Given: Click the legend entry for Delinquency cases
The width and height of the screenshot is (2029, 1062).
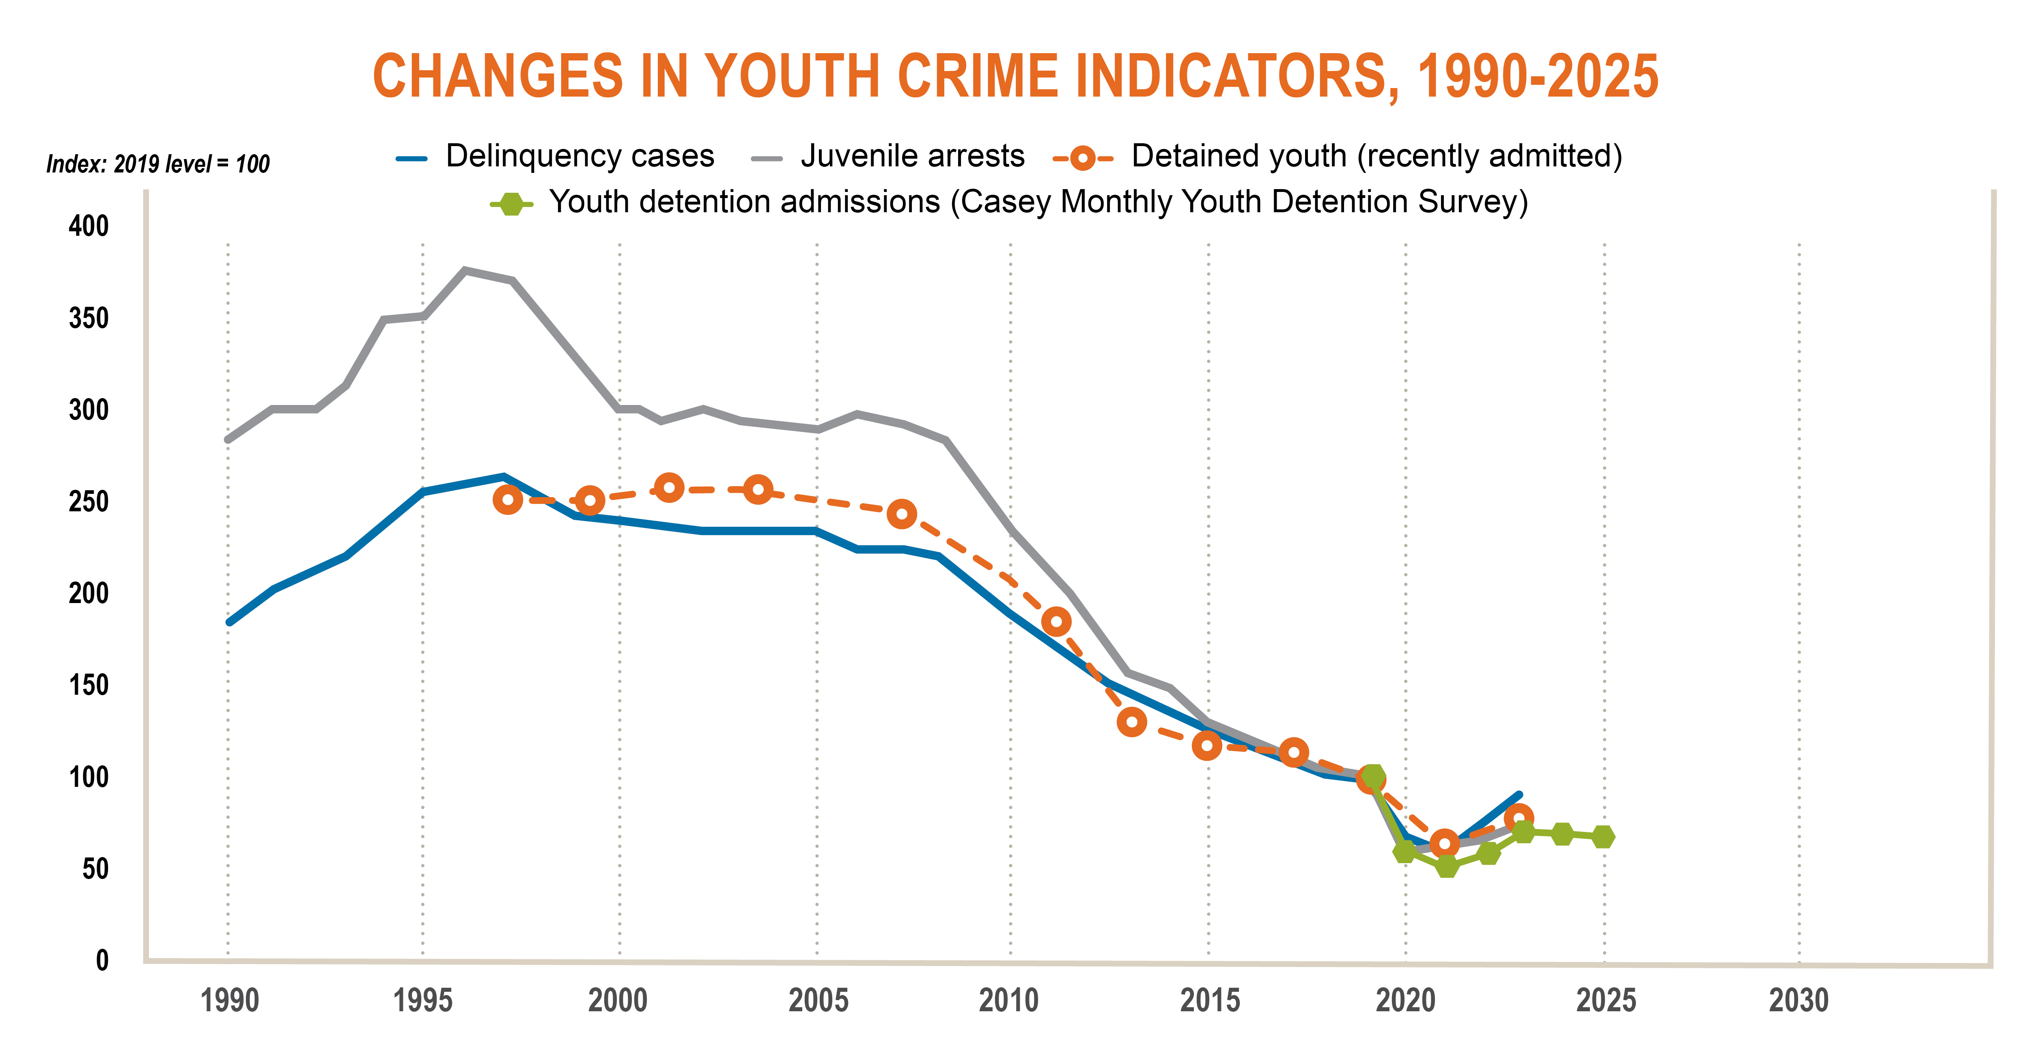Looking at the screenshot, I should coord(580,156).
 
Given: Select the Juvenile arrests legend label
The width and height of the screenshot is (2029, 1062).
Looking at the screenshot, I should coord(912,156).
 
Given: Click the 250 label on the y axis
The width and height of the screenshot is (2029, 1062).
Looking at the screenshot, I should coord(88,501).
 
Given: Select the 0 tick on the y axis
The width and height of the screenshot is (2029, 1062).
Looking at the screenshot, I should coord(101,961).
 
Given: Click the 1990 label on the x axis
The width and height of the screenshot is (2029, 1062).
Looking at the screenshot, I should coord(229,1001).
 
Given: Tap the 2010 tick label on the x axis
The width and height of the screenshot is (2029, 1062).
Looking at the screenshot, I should coord(1009,1001).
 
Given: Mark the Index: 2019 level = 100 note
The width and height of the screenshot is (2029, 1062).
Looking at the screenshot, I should coord(157,164).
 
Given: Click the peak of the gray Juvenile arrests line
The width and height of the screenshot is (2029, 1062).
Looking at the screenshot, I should coord(465,270).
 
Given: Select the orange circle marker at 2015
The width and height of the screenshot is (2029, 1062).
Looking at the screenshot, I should coord(1207,745).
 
